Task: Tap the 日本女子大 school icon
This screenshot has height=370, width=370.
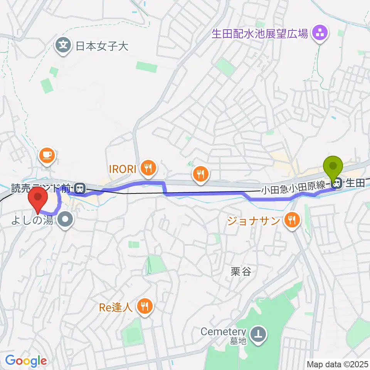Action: pyautogui.click(x=64, y=46)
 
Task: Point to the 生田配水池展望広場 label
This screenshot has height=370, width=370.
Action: pyautogui.click(x=260, y=34)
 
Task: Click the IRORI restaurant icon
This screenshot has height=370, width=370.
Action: pyautogui.click(x=148, y=167)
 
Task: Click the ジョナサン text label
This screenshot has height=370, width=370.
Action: pyautogui.click(x=253, y=221)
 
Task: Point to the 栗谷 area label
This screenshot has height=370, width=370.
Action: pyautogui.click(x=241, y=271)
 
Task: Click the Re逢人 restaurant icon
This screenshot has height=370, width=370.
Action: pyautogui.click(x=145, y=307)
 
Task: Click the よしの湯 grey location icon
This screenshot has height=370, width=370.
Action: pyautogui.click(x=65, y=220)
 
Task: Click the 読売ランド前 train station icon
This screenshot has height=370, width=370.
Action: pyautogui.click(x=80, y=188)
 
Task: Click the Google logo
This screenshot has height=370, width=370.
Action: pyautogui.click(x=26, y=361)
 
